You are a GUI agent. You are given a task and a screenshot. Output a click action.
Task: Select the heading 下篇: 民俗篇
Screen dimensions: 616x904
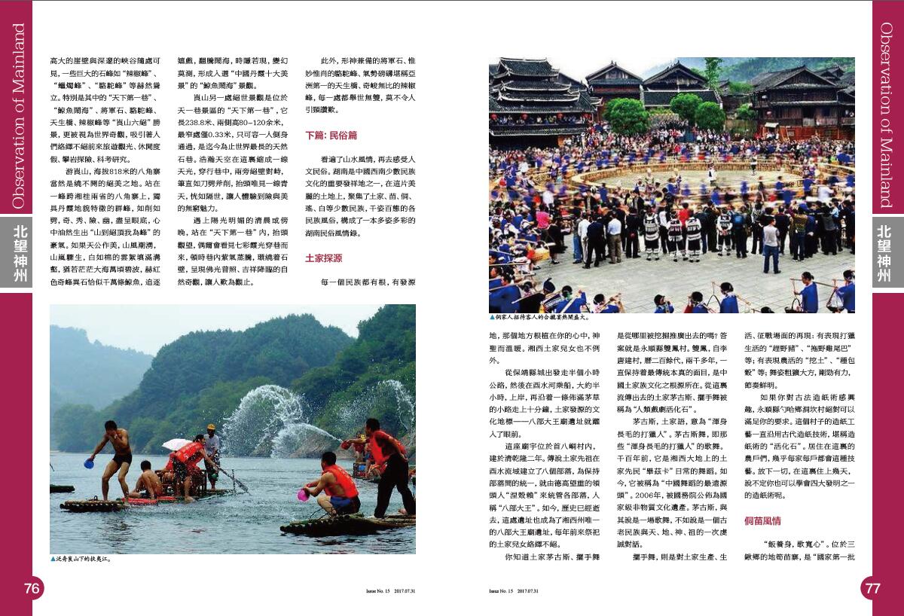(x=331, y=136)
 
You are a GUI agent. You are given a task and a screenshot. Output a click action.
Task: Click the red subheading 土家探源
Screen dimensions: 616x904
(x=323, y=258)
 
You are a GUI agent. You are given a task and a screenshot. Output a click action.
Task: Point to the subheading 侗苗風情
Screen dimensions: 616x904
(x=762, y=520)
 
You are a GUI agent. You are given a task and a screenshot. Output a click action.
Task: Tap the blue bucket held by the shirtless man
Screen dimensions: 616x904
(x=89, y=464)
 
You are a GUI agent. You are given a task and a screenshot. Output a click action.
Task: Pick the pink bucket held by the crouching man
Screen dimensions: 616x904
(x=304, y=495)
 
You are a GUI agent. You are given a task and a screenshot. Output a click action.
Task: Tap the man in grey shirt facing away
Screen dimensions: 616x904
(x=770, y=245)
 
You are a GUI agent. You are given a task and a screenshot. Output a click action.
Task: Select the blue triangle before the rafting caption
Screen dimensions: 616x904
(x=53, y=560)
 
